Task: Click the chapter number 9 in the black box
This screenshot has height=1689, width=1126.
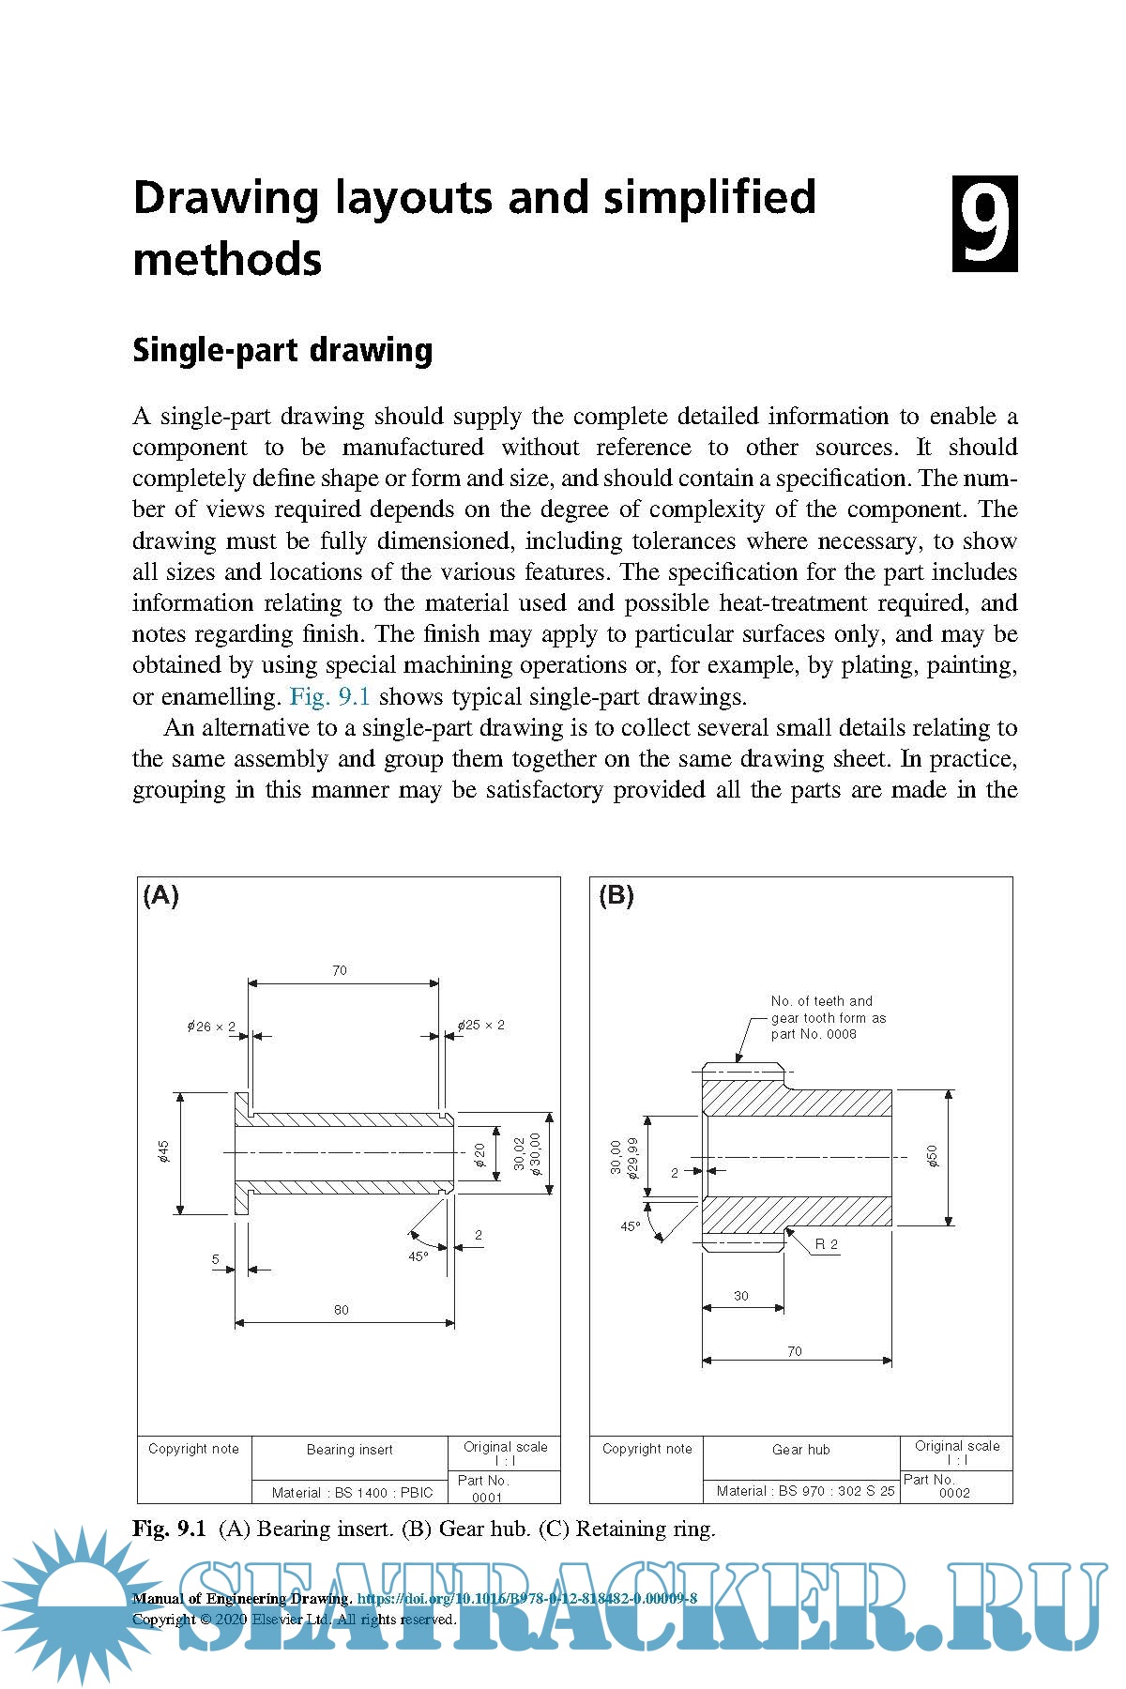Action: pos(984,223)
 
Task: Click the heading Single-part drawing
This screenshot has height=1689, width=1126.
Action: pos(282,350)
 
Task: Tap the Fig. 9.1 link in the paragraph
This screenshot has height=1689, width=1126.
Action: pos(330,696)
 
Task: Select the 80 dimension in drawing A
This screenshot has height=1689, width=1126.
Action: pos(341,1310)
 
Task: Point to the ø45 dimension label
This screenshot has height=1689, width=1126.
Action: pos(163,1151)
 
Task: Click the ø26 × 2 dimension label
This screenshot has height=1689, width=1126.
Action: pos(211,1027)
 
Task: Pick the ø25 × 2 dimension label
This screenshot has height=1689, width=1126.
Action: pos(481,1025)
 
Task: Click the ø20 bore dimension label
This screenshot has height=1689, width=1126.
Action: pos(479,1154)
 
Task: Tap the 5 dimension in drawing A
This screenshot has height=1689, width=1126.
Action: pos(216,1259)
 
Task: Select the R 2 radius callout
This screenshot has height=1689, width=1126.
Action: pos(826,1244)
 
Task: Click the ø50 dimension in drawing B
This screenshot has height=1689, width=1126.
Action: pos(932,1156)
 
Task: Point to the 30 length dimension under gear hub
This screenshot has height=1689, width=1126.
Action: pos(741,1296)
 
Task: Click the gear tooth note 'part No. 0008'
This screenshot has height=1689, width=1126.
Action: pos(814,1034)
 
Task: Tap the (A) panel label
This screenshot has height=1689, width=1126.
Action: pos(160,895)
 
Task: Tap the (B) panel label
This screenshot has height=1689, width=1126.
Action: pos(616,895)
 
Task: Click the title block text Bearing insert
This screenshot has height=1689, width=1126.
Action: pos(350,1450)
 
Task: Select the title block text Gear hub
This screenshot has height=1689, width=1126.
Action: pos(801,1450)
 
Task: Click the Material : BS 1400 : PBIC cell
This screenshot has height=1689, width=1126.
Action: pos(352,1492)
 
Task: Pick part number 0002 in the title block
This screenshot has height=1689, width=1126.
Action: pos(954,1493)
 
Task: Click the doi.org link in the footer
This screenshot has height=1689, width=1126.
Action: pos(527,1598)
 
